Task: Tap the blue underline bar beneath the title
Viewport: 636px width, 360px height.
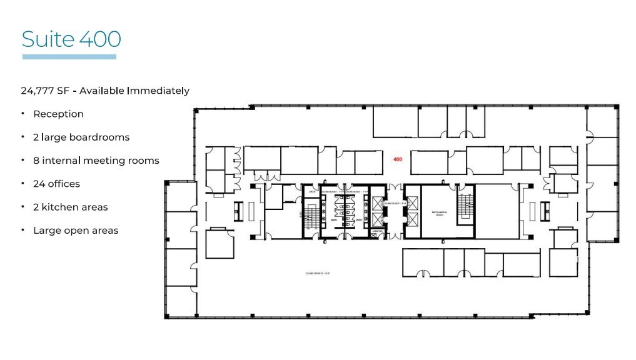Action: pos(69,57)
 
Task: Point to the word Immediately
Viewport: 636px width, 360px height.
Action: pos(158,91)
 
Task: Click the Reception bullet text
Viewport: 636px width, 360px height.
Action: pos(58,114)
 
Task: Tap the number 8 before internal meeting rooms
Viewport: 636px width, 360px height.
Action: pos(36,161)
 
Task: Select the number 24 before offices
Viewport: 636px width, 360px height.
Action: pos(39,184)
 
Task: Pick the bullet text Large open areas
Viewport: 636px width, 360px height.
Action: pos(76,231)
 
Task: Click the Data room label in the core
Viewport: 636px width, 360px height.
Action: pos(311,191)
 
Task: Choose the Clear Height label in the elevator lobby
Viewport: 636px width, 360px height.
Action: pos(392,204)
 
